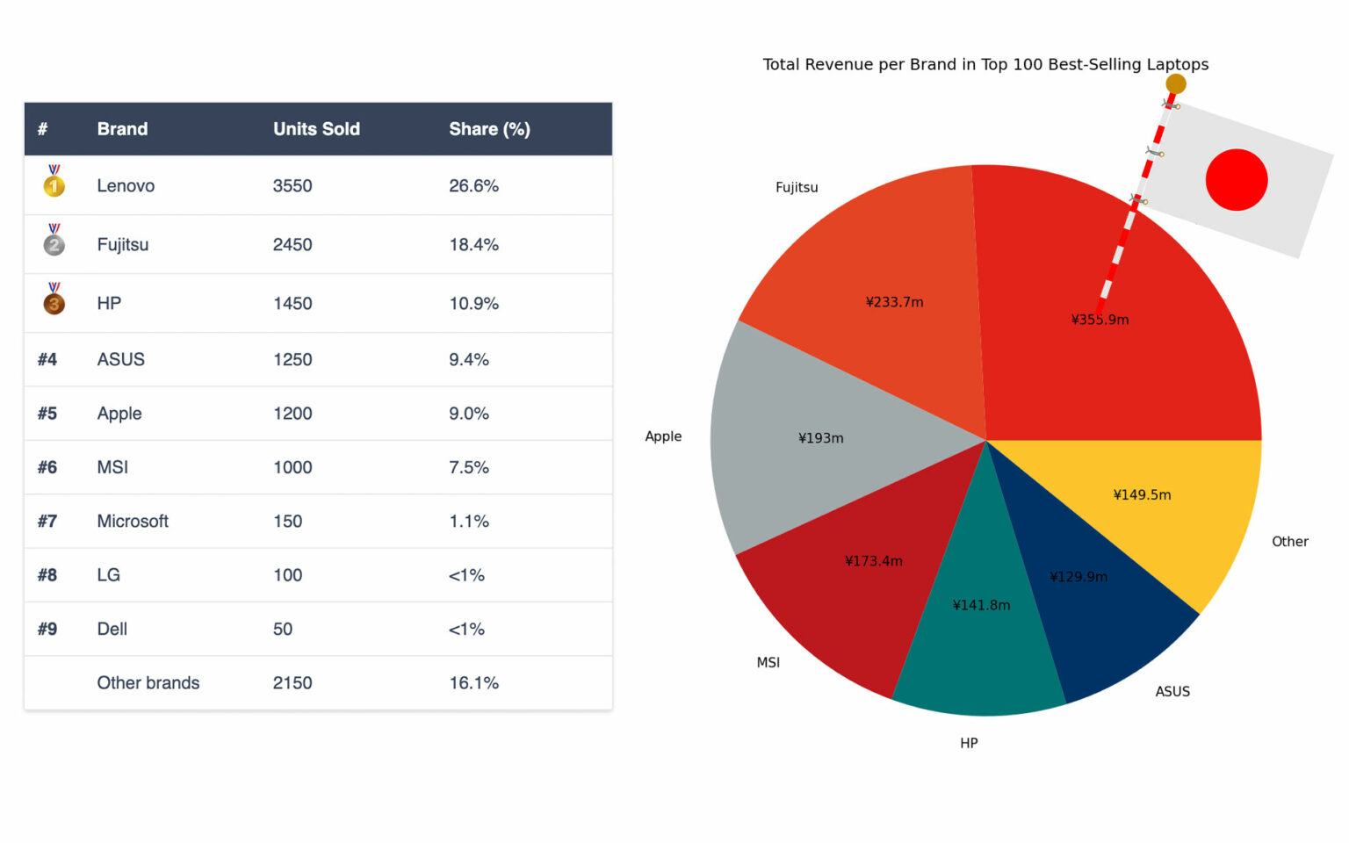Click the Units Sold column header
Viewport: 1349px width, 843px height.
click(x=316, y=129)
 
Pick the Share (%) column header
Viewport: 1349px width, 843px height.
click(x=489, y=129)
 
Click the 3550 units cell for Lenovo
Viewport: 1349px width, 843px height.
click(x=292, y=186)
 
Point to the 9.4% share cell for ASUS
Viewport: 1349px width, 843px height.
click(x=469, y=360)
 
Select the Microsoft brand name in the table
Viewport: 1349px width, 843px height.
click(x=133, y=522)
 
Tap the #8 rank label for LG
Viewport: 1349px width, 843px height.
click(x=47, y=575)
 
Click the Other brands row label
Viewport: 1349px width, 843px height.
click(x=148, y=683)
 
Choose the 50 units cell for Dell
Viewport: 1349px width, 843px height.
click(x=283, y=630)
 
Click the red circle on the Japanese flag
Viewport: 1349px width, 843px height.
click(x=1236, y=179)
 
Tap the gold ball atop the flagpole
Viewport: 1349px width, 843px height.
click(x=1176, y=84)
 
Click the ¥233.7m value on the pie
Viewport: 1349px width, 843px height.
click(x=894, y=302)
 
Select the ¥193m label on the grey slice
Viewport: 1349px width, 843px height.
click(x=820, y=438)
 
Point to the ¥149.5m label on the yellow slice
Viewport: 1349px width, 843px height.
click(x=1142, y=495)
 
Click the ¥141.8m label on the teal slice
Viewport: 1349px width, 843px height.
click(x=981, y=605)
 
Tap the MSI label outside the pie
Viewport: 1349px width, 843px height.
click(x=768, y=663)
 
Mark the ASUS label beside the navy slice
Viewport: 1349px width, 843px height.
click(x=1172, y=692)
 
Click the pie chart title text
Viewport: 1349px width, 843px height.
click(x=985, y=64)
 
